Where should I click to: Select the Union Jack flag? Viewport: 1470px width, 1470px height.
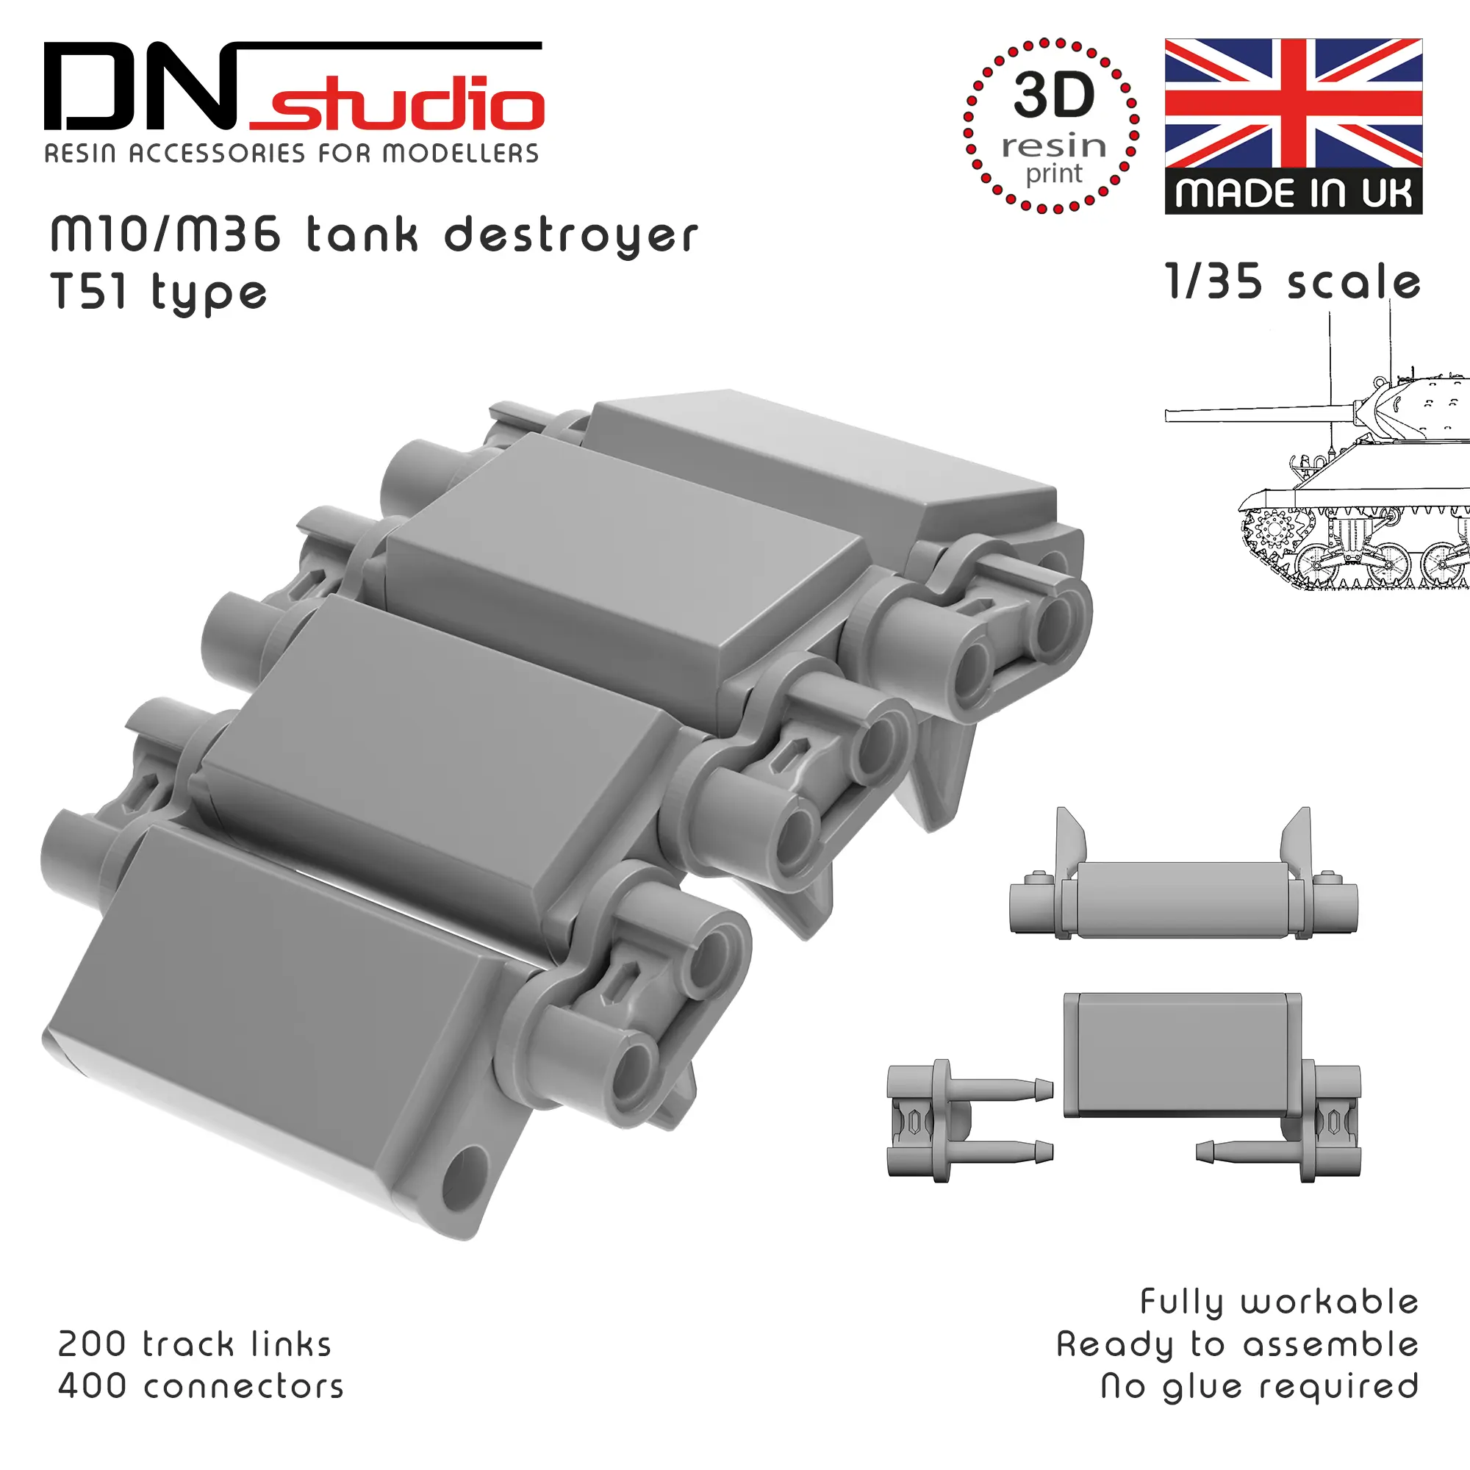click(1294, 104)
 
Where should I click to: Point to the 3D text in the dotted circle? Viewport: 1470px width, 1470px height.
click(1054, 95)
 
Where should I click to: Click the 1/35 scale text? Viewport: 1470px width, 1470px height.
click(1293, 282)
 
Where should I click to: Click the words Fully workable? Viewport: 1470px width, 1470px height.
click(1279, 1302)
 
